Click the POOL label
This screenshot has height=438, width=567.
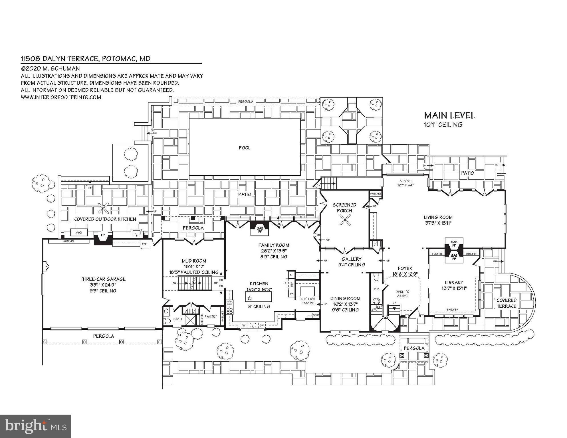point(244,148)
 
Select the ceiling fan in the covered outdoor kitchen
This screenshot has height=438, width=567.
point(103,208)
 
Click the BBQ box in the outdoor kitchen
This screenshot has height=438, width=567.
point(79,233)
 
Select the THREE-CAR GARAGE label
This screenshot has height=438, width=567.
point(103,279)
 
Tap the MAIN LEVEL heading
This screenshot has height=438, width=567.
point(449,115)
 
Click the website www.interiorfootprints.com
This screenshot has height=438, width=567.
point(61,97)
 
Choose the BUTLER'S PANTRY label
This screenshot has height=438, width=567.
point(307,301)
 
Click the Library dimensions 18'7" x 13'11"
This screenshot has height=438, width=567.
point(454,288)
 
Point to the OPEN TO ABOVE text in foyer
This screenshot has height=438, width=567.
point(402,294)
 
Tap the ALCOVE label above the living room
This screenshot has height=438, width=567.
point(405,181)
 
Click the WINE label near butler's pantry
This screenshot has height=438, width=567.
point(316,315)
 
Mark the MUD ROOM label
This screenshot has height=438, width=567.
point(194,261)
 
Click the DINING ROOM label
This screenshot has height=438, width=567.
point(345,299)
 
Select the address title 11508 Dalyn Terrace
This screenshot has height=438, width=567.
point(86,59)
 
